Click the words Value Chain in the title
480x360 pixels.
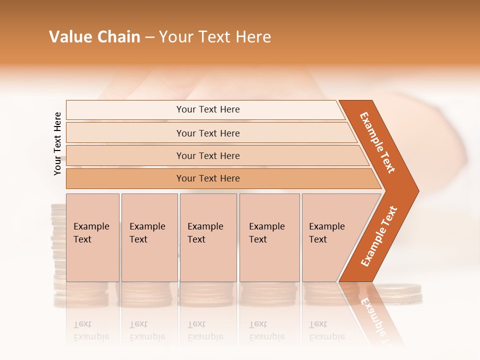(x=94, y=37)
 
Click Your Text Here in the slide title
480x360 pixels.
(x=215, y=37)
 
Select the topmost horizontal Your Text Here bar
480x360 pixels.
(x=208, y=109)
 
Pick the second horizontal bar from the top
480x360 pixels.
(x=208, y=133)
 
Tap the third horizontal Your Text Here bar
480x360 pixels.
(x=208, y=155)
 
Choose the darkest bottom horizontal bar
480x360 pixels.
(x=208, y=178)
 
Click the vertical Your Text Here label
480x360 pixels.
(x=57, y=143)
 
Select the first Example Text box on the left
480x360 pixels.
(x=92, y=237)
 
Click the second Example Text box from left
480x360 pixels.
(x=149, y=237)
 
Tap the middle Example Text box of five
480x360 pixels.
(x=208, y=237)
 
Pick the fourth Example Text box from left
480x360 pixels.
(x=269, y=237)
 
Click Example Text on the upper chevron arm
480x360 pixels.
(x=377, y=142)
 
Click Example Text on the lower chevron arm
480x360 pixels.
(x=379, y=236)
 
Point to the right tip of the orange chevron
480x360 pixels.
(x=417, y=190)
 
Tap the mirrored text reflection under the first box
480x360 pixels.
(x=91, y=330)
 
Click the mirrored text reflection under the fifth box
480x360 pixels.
(x=326, y=330)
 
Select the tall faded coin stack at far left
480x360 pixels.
(x=59, y=240)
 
